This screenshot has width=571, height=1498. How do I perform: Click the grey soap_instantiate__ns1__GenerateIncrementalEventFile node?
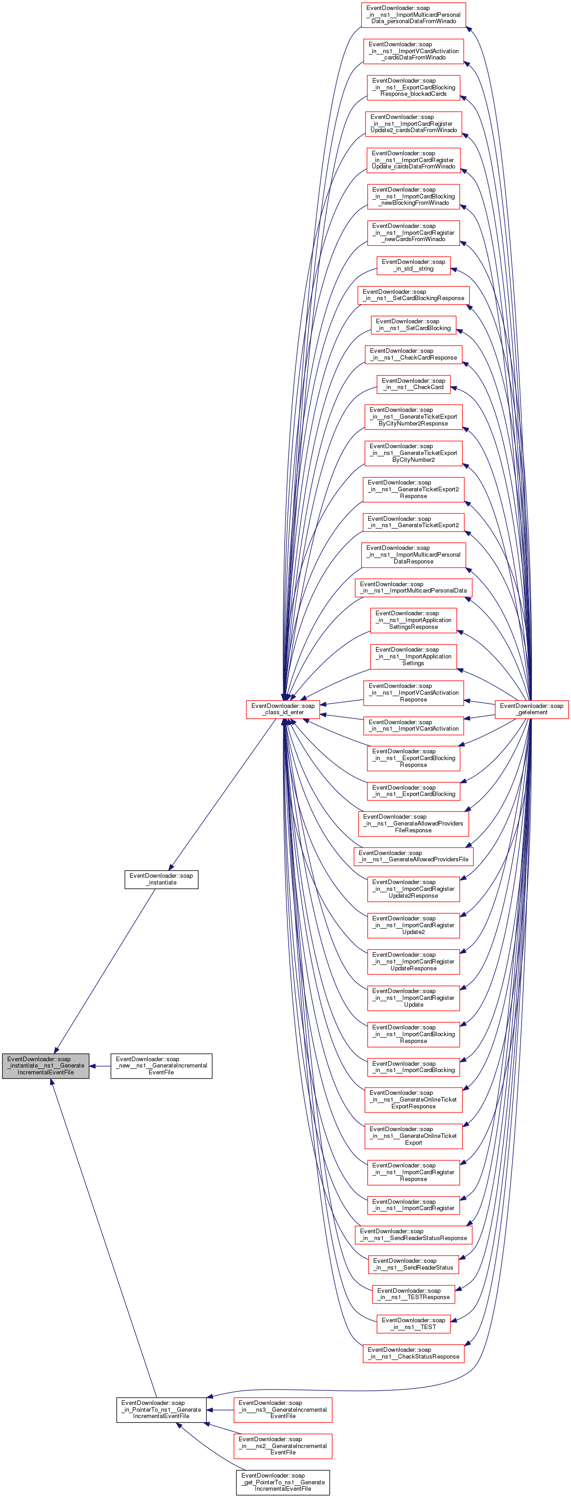click(45, 1065)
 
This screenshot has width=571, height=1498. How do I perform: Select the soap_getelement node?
click(531, 709)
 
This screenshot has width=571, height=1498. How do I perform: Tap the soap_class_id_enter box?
click(282, 709)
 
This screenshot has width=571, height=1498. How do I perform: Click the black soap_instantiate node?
click(161, 879)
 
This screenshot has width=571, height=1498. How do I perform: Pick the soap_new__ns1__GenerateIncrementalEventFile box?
click(161, 1065)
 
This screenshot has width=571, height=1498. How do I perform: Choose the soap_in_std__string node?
click(413, 265)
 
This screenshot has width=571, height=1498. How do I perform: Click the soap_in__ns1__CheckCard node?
click(413, 384)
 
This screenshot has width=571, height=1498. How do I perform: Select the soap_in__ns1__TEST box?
click(413, 1324)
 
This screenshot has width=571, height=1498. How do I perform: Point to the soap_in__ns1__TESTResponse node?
click(413, 1294)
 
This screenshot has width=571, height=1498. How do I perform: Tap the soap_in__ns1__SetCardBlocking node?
click(413, 325)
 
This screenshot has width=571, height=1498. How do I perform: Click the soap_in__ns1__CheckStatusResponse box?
click(413, 1353)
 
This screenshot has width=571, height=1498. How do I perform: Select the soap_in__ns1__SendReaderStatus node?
click(413, 1264)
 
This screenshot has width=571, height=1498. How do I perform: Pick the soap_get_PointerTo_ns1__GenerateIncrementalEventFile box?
click(282, 1482)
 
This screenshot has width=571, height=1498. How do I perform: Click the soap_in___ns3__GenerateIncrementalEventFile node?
click(282, 1409)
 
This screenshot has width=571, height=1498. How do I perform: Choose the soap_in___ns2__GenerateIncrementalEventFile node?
click(282, 1446)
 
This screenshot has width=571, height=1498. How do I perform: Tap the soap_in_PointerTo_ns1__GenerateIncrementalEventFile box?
click(161, 1409)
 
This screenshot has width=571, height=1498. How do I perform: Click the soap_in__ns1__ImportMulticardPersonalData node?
click(413, 587)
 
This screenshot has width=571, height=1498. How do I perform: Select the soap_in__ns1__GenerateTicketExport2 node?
click(413, 522)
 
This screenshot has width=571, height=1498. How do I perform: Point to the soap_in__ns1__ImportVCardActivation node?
click(413, 725)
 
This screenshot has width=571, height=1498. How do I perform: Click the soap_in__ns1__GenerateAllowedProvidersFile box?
click(413, 856)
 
